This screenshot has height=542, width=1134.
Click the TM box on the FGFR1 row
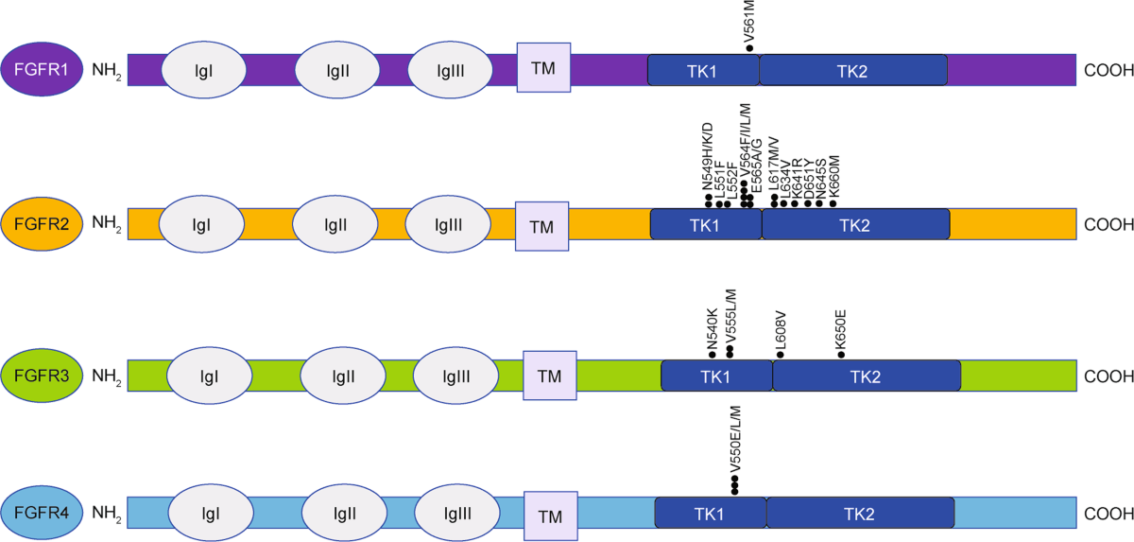pos(543,68)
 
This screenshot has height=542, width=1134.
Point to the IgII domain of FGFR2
pos(335,225)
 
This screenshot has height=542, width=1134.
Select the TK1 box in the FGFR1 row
pos(703,70)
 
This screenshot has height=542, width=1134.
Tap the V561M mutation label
pos(749,17)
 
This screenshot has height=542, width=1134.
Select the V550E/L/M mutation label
pos(735,439)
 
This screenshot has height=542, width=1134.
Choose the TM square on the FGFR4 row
pos(549,516)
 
